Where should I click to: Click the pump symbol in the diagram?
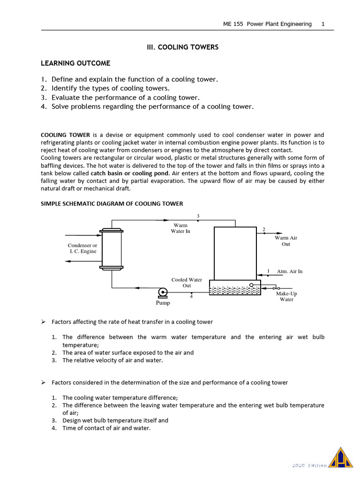[162, 292]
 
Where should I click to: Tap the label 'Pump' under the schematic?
[163, 303]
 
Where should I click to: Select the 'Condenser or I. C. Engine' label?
[82, 248]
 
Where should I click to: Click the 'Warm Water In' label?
[180, 228]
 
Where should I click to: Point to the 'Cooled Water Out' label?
[187, 283]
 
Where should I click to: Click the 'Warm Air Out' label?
[286, 241]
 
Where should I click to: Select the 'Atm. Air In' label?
[290, 271]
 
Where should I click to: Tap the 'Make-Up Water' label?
[286, 296]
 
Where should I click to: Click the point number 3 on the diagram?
[198, 216]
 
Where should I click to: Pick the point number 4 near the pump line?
[191, 296]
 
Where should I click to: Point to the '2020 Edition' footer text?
[309, 465]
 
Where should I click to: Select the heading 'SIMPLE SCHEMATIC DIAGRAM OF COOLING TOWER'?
[112, 203]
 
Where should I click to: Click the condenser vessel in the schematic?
[112, 249]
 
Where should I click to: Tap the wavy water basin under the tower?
[235, 290]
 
